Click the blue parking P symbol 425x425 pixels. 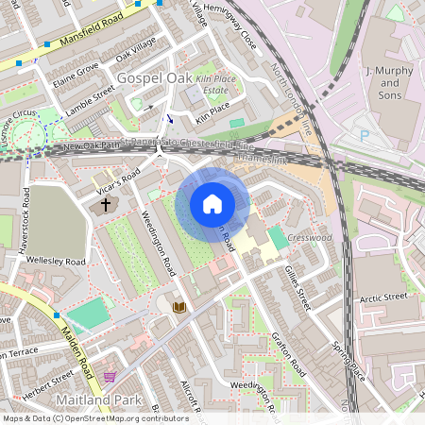[x=365, y=135]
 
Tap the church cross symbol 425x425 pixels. [x=105, y=204]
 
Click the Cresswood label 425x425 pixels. [x=311, y=238]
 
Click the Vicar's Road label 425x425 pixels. [x=118, y=182]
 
